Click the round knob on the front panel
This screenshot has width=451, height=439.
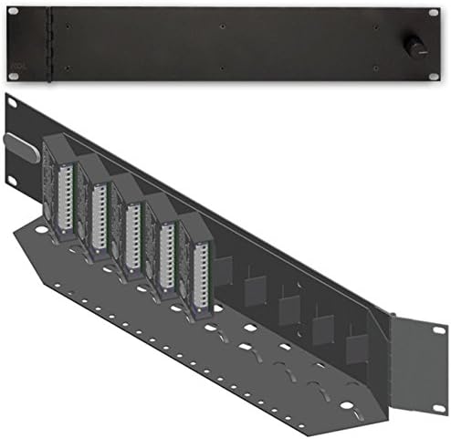tap(416, 44)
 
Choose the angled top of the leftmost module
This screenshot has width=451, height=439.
tap(57, 146)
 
